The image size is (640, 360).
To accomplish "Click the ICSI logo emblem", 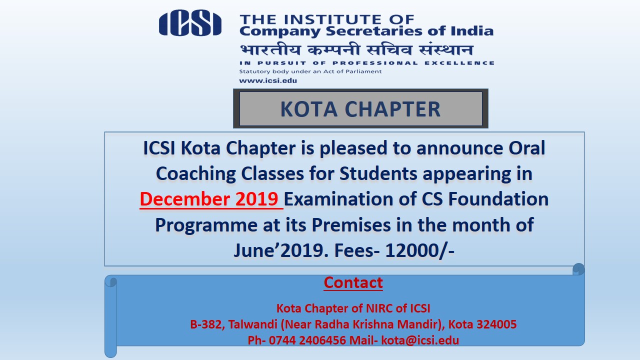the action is pyautogui.click(x=190, y=23).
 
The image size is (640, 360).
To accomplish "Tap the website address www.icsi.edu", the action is pyautogui.click(x=268, y=80).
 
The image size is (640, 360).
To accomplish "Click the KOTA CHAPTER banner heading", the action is pyautogui.click(x=360, y=109).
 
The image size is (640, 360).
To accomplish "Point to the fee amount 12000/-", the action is pyautogui.click(x=419, y=250).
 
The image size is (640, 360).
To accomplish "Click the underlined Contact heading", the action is pyautogui.click(x=353, y=282).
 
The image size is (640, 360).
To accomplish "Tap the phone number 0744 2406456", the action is pyautogui.click(x=307, y=340).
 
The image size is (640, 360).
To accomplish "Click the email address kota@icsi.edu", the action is pyautogui.click(x=420, y=340).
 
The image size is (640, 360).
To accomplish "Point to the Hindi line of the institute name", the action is pyautogui.click(x=356, y=49).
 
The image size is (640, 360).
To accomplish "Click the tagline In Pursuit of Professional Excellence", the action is pyautogui.click(x=367, y=63).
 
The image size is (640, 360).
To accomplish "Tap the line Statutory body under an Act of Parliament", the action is pyautogui.click(x=310, y=71).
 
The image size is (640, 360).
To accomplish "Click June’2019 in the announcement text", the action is pyautogui.click(x=281, y=250).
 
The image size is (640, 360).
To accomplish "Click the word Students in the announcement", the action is pyautogui.click(x=378, y=173).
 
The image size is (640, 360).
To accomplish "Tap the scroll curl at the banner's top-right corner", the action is pyautogui.click(x=578, y=269).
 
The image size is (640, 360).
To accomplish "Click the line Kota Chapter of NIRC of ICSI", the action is pyautogui.click(x=353, y=308).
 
